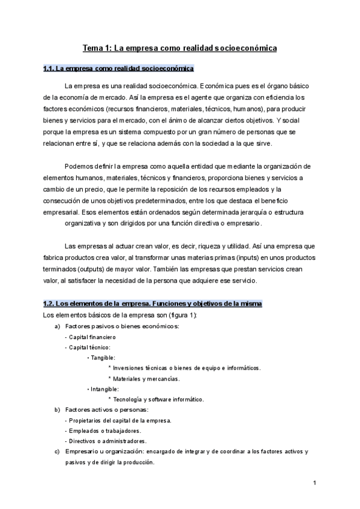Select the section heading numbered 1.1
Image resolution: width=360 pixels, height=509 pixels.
pos(118,68)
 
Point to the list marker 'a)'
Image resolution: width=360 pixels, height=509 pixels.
pos(57,326)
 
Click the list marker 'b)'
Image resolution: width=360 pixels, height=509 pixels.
pos(57,410)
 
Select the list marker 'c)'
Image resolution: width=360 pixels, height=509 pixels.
pos(57,451)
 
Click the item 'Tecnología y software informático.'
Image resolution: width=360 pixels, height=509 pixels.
pos(158,400)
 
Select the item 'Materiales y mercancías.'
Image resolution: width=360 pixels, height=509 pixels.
pos(146,379)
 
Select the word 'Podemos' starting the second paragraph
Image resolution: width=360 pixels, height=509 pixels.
pos(79,166)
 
